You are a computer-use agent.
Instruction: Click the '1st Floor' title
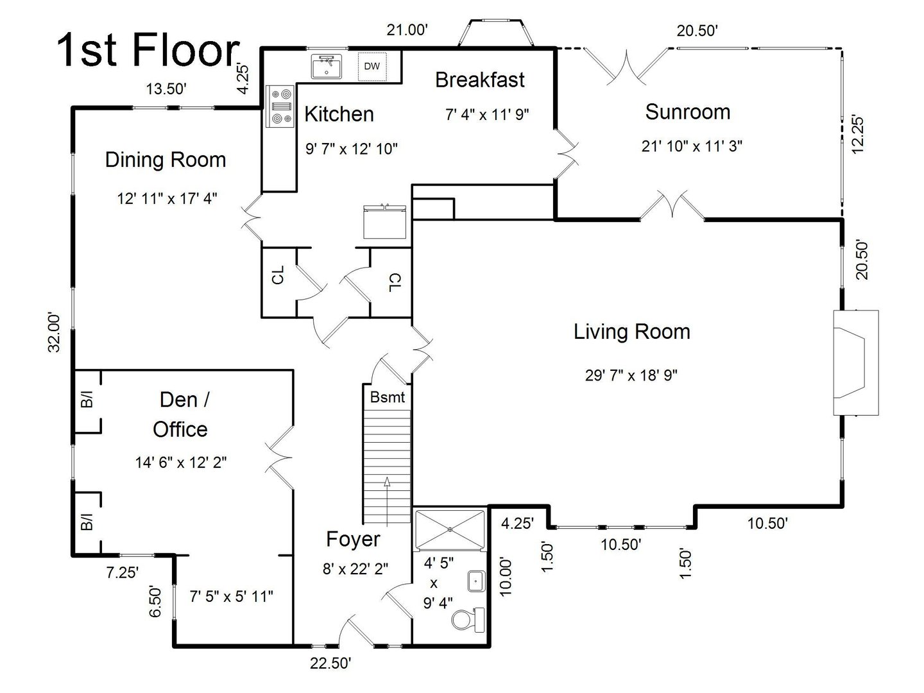[x=148, y=51]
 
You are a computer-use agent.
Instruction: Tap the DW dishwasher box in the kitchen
[x=372, y=66]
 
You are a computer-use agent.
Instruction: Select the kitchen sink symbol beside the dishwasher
[x=327, y=67]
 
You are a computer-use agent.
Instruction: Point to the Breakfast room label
[x=479, y=80]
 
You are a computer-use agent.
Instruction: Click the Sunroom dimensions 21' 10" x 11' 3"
[x=692, y=146]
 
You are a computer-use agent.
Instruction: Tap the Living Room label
[x=631, y=332]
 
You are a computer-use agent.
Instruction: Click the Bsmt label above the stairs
[x=388, y=397]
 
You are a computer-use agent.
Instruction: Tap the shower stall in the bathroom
[x=450, y=529]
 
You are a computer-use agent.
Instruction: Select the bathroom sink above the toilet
[x=475, y=581]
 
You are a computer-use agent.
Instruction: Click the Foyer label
[x=353, y=539]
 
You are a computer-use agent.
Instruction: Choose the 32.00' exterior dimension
[x=54, y=332]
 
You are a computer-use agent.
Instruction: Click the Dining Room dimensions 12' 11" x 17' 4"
[x=167, y=198]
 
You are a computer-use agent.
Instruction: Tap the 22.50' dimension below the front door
[x=330, y=663]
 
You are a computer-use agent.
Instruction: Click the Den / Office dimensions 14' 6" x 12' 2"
[x=180, y=462]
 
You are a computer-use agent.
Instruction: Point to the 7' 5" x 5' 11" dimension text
[x=232, y=596]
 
